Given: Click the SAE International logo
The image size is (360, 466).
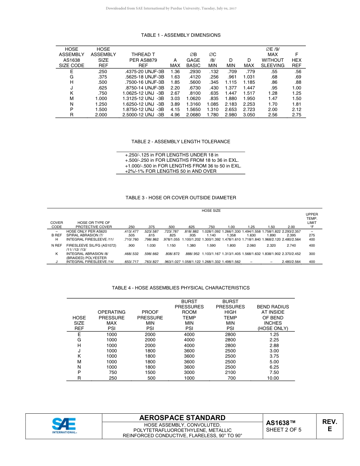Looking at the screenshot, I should (64, 426).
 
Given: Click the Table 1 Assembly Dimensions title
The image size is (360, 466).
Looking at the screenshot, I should (181, 35).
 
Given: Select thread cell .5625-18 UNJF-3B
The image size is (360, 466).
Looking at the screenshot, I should (145, 77).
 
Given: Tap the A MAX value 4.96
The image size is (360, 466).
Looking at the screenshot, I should (175, 115).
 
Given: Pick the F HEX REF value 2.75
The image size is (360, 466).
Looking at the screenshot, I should (297, 115).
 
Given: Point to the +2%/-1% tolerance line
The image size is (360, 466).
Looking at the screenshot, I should (171, 171).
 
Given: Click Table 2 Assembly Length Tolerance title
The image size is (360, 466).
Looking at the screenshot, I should (181, 142).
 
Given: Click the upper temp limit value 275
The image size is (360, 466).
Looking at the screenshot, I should (312, 235).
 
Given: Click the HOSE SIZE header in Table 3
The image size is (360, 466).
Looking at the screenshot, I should (211, 211).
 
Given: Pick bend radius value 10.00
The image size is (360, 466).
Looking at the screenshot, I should (273, 378).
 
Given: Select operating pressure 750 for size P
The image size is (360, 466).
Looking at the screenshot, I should (113, 372).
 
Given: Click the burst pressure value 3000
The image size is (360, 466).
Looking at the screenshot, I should (189, 372).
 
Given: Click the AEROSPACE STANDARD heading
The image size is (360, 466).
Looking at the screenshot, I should (182, 418).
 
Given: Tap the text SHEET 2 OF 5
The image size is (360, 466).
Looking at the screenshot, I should (283, 430).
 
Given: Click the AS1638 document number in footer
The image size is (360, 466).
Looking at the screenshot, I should (280, 423).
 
